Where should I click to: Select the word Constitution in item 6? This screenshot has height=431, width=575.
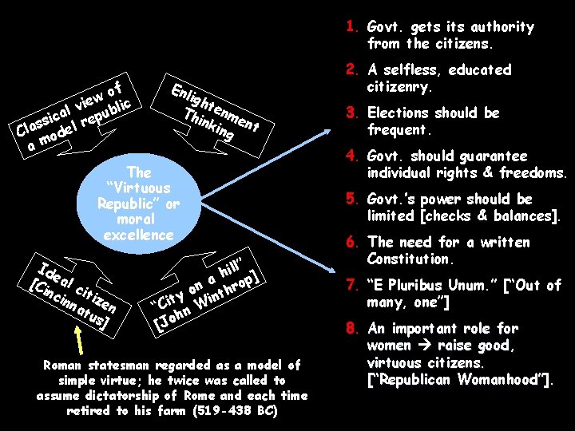[412, 259]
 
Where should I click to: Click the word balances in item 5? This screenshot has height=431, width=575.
[528, 216]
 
